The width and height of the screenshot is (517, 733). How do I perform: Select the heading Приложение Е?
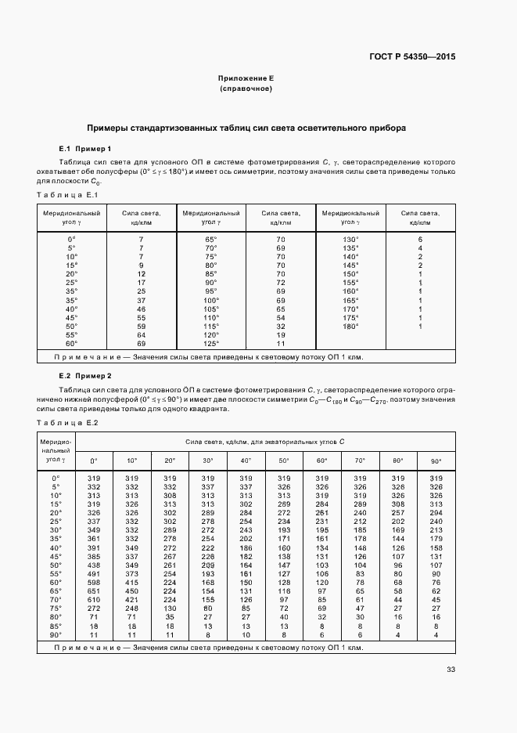pos(245,78)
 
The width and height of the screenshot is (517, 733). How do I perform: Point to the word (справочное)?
pos(246,89)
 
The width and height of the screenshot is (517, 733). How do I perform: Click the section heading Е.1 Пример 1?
pos(85,148)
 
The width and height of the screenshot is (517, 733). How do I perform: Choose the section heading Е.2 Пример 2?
pos(85,376)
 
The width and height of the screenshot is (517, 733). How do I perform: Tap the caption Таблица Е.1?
pos(66,194)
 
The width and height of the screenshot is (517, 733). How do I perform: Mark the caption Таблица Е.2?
pos(66,423)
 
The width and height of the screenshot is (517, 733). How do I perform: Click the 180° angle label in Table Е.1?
pos(350,326)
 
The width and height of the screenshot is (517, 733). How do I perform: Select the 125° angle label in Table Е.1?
pos(210,343)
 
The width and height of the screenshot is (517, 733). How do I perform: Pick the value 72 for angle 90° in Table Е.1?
pos(281,282)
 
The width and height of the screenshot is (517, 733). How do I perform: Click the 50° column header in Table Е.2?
pos(284,460)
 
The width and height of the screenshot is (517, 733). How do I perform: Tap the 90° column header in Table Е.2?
pos(436,460)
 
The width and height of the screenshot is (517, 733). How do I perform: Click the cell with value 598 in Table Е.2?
pos(94,582)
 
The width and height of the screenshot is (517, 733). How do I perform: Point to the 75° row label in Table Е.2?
pos(56,608)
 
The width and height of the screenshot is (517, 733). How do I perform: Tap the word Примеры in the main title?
pos(110,128)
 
